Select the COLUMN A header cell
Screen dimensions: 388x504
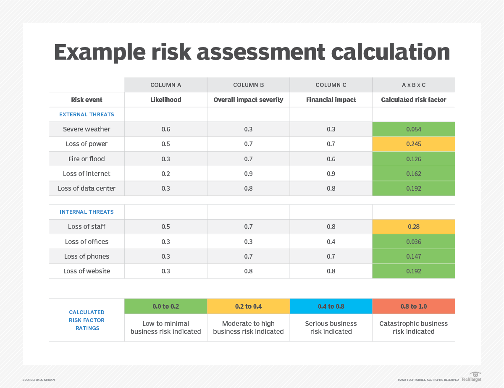[165, 85]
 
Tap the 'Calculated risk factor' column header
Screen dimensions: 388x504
[413, 100]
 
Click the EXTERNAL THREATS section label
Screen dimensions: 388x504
[87, 114]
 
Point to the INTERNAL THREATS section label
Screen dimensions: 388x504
[87, 212]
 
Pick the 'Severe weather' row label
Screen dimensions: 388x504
[87, 129]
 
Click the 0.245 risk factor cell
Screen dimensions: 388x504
[413, 144]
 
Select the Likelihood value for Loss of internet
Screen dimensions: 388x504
[165, 173]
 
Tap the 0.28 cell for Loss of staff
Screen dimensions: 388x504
[413, 227]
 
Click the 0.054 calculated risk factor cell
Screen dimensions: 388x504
[413, 129]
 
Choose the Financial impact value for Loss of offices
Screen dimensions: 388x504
[331, 241]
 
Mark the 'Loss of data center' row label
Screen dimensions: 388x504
[87, 188]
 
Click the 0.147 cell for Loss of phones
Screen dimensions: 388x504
[413, 256]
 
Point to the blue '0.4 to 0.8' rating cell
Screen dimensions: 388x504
[331, 306]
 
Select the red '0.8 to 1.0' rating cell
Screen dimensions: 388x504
[413, 306]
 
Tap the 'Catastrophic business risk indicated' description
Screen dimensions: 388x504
[413, 328]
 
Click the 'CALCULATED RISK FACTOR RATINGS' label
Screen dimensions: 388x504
[87, 320]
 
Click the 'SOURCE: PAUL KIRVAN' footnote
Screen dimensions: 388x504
[39, 380]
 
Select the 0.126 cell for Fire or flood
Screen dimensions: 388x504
[413, 159]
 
